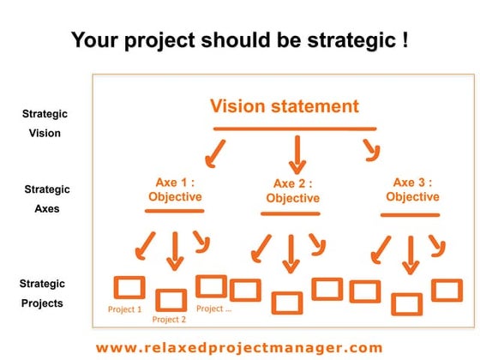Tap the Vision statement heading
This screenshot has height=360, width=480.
click(284, 107)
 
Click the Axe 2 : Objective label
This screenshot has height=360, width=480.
click(292, 191)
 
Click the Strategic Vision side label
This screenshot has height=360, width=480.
click(45, 123)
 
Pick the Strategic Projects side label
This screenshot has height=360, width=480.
click(43, 293)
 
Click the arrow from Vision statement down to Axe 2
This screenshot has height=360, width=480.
click(297, 154)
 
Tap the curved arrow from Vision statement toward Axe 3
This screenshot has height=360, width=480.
click(371, 152)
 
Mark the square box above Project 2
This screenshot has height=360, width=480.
click(171, 299)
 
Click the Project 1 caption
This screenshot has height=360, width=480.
click(125, 309)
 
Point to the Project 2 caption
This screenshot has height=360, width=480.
click(169, 320)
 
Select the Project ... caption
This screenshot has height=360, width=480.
click(213, 309)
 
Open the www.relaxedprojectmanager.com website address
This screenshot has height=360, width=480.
click(239, 347)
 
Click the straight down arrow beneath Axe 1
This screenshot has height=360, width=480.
click(175, 249)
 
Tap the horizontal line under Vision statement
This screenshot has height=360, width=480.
click(294, 129)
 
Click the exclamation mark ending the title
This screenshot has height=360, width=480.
click(404, 40)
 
